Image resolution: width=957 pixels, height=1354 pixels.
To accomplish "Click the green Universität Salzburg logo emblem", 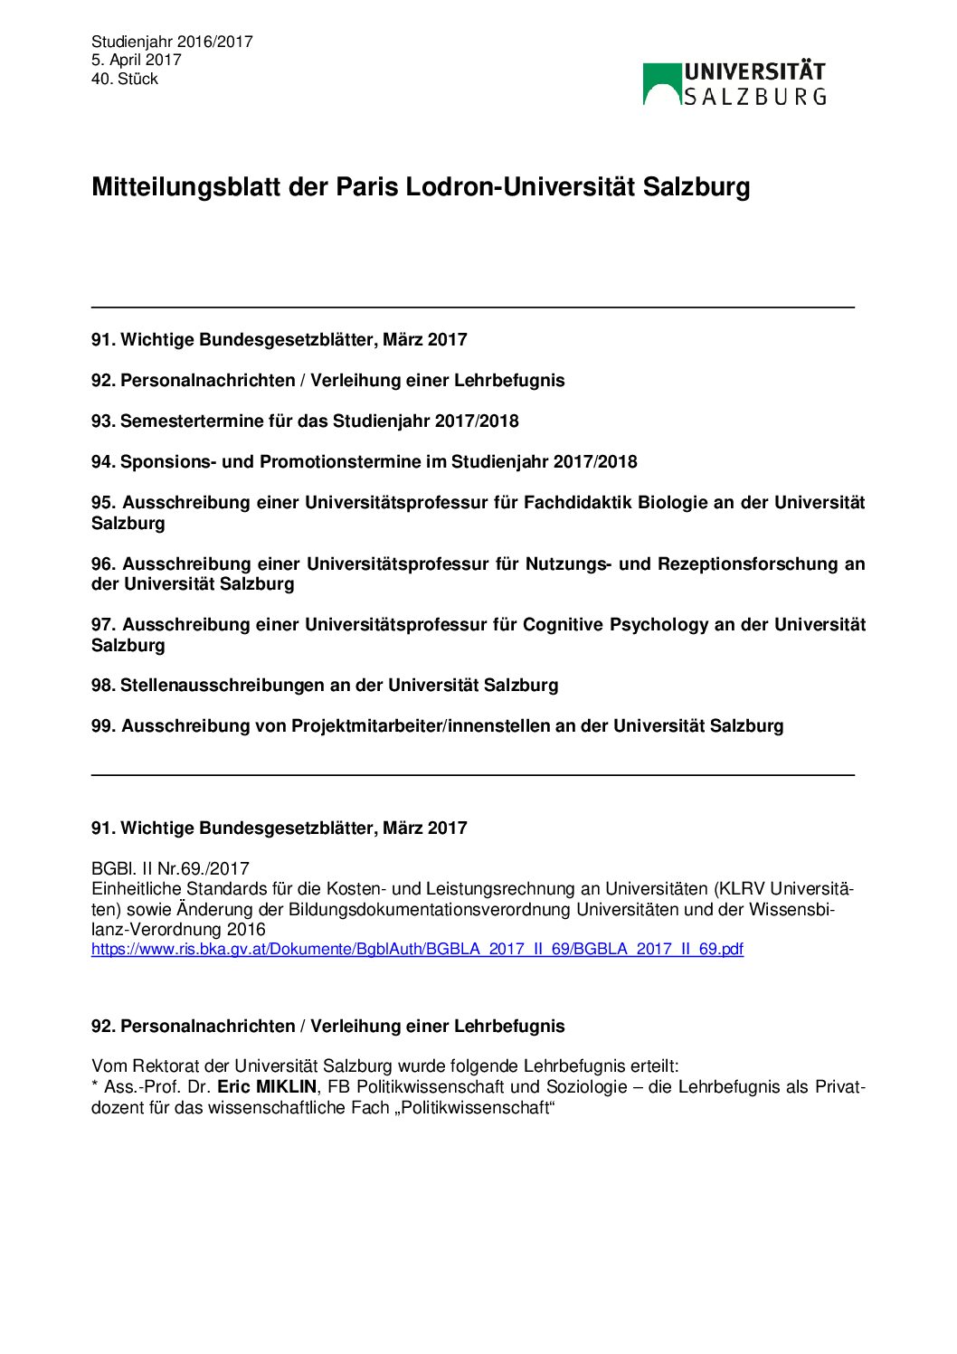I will pos(662,84).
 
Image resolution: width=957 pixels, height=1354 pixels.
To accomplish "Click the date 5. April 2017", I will pos(136,60).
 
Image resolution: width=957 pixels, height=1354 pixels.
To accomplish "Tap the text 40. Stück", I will pos(125,79).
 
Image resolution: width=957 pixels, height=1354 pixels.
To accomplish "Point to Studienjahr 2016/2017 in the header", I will pos(172,42).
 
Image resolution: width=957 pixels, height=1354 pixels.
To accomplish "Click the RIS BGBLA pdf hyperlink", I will pos(417,949).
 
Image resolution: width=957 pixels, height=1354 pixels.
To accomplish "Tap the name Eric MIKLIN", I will pos(267,1087).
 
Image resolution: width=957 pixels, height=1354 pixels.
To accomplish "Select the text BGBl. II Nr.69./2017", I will pos(170,869).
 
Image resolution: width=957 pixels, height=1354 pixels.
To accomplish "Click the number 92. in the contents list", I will pos(103,381).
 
